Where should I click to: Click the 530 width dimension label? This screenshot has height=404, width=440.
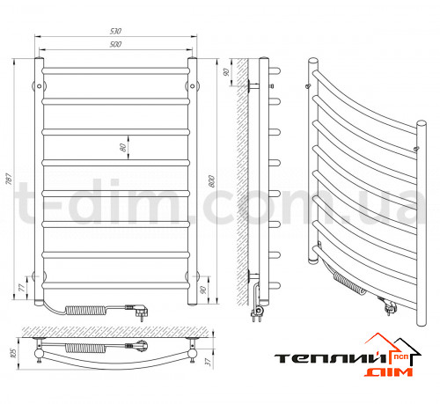[115, 31]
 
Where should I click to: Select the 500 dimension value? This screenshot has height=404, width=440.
[115, 44]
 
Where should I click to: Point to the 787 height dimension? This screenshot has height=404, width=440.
[9, 179]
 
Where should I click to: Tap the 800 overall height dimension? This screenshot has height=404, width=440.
[211, 181]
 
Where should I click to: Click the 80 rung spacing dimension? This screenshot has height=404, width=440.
[123, 148]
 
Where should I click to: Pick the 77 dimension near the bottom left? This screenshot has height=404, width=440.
[22, 288]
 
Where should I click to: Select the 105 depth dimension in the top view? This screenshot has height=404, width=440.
[13, 353]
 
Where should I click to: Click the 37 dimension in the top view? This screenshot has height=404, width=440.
[208, 362]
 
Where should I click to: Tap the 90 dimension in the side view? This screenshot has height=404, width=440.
[226, 72]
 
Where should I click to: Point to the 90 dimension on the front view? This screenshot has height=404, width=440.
[202, 290]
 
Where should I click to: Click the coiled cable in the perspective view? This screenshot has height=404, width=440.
[349, 283]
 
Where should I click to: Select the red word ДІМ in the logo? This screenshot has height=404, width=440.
[389, 372]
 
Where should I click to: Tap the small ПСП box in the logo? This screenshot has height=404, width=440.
[400, 357]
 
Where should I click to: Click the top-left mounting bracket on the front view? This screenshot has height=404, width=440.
[39, 86]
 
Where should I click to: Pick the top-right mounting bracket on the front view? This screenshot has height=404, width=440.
[193, 86]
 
